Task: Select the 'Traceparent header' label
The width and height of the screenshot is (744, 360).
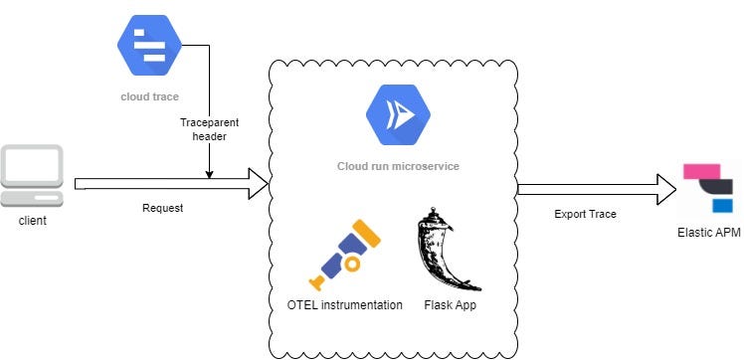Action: tap(209, 128)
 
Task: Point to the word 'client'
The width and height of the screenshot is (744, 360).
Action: tap(33, 221)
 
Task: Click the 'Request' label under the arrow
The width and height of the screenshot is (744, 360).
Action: tap(163, 209)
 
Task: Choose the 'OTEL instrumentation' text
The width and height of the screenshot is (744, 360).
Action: tap(344, 304)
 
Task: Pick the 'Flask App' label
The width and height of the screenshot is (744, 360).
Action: tap(450, 304)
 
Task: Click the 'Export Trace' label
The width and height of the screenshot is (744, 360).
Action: tap(585, 214)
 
